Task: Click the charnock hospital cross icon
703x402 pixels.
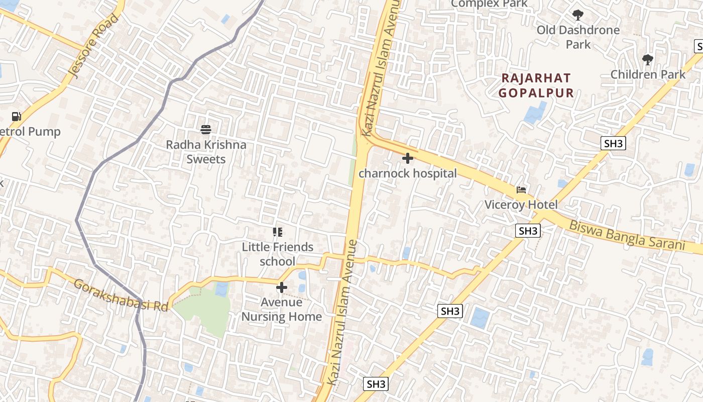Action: coord(408,158)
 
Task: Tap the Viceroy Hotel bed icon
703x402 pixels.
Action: coord(521,190)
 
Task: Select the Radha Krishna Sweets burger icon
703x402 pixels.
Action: coord(205,130)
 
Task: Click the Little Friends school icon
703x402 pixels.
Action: coord(278,232)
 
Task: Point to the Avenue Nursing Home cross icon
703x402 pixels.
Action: coord(282,287)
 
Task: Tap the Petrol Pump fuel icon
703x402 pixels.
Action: coord(17,117)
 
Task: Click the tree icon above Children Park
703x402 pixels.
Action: coord(648,60)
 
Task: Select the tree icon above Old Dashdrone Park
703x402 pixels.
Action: coord(578,15)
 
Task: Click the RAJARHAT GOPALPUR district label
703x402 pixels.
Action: coord(536,85)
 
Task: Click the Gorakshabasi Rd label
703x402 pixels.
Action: coord(121,295)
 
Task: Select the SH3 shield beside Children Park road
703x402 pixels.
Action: coord(613,143)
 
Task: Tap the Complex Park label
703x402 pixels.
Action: coord(489,4)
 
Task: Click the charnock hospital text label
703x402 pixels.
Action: coord(408,173)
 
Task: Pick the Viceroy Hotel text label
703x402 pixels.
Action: coord(521,205)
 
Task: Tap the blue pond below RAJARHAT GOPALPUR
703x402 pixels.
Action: coord(535,113)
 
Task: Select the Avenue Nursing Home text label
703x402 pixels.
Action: coord(282,309)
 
